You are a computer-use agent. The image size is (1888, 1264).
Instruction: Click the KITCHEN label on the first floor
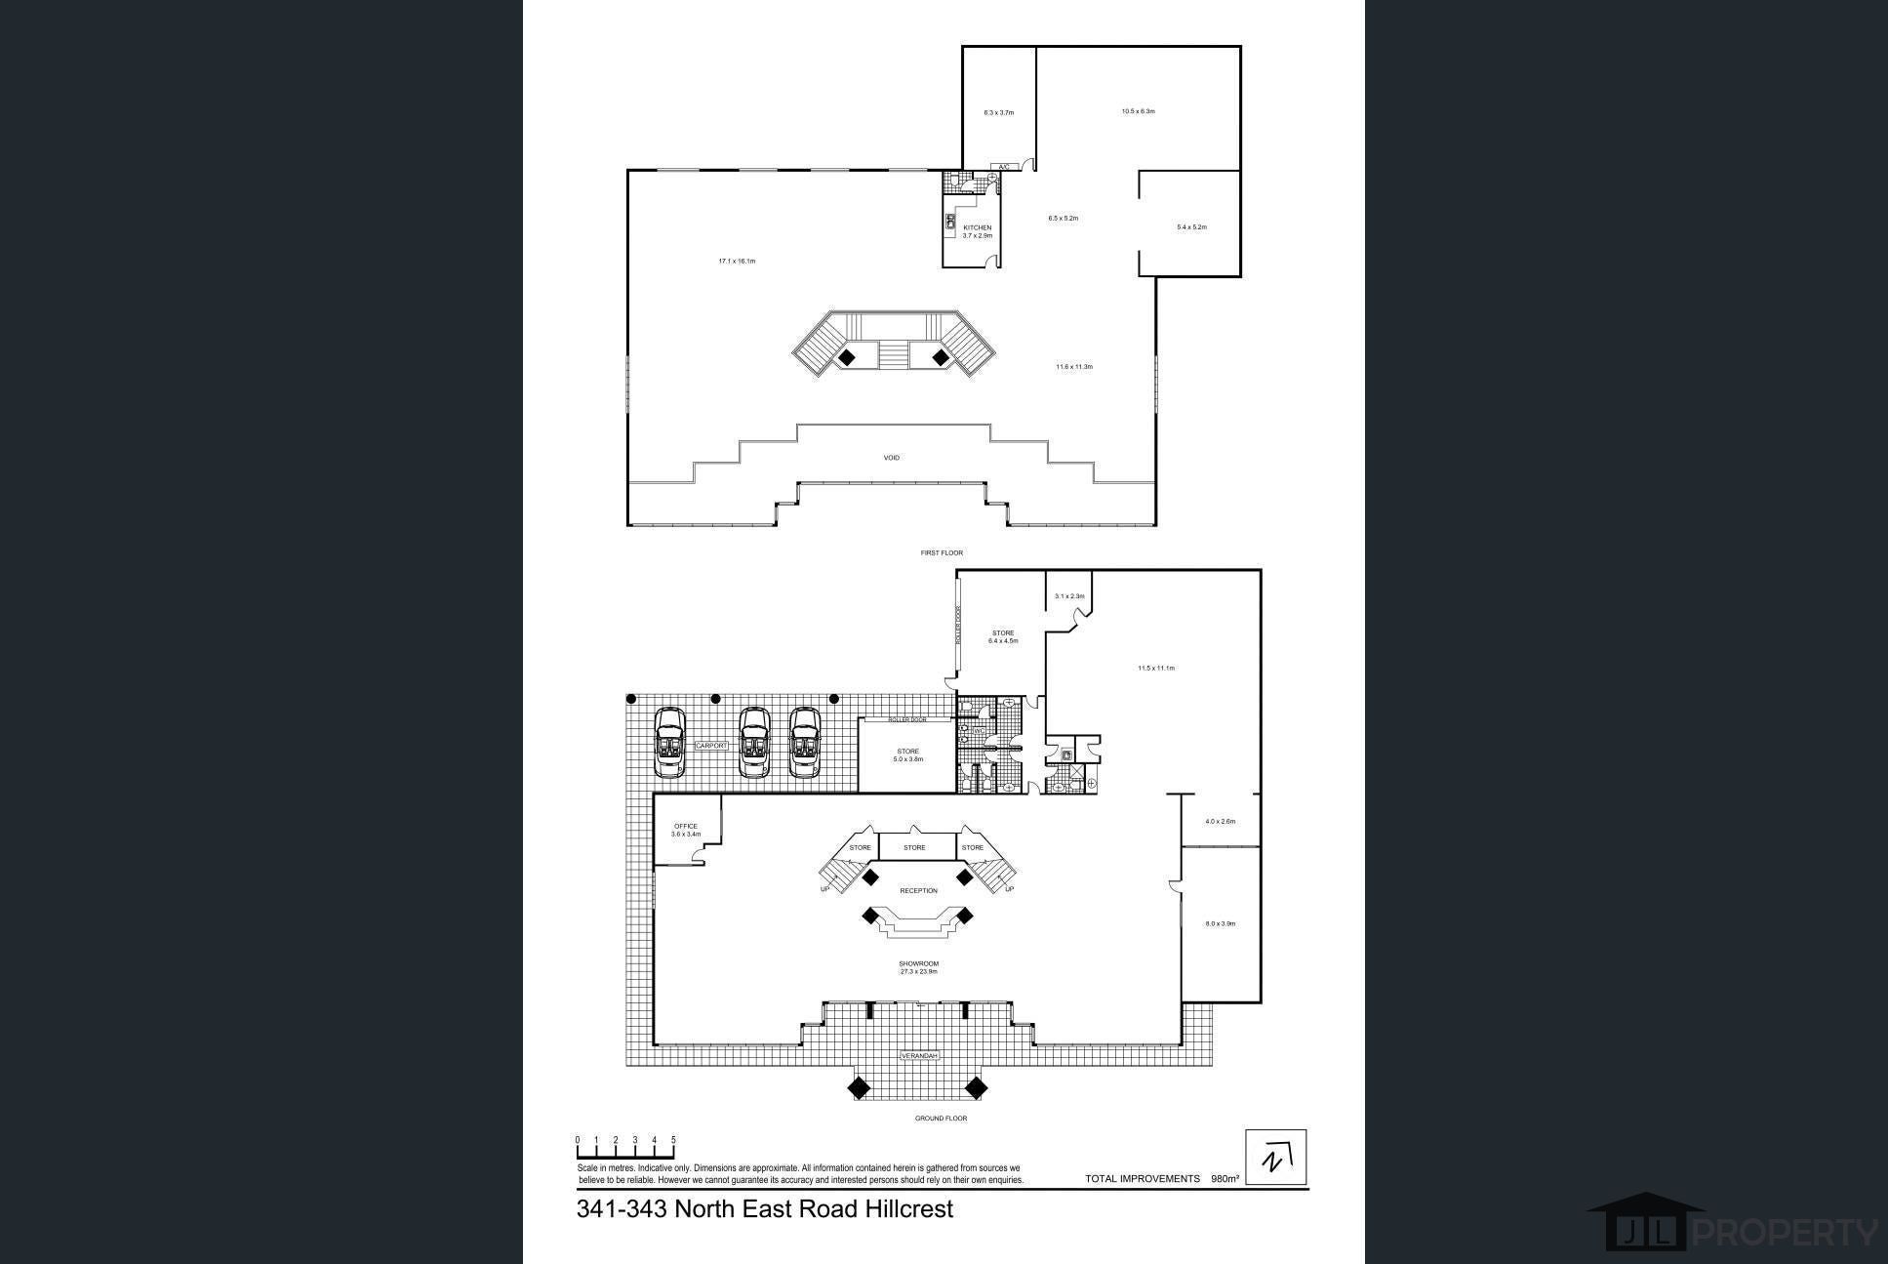[x=977, y=228]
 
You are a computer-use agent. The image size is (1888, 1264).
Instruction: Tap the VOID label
[x=891, y=458]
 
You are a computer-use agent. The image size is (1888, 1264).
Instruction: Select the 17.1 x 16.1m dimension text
[x=737, y=262]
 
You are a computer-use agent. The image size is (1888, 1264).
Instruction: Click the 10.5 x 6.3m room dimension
[x=1138, y=111]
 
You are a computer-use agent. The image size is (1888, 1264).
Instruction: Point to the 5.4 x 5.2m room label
[x=1191, y=227]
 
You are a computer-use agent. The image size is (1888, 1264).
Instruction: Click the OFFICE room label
[x=686, y=827]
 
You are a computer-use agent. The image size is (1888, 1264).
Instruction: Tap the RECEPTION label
[x=918, y=891]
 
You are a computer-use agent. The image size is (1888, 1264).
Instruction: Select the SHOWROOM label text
[x=918, y=963]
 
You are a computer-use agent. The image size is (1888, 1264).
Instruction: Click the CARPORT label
[x=710, y=746]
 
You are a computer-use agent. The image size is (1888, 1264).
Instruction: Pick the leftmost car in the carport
[x=669, y=743]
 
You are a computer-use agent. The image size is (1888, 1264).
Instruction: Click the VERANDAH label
[x=918, y=1056]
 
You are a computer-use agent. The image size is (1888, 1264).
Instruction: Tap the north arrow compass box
[x=1275, y=1158]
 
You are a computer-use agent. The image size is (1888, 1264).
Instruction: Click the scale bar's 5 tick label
[x=673, y=1140]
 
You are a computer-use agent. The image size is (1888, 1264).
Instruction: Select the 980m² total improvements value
[x=1225, y=1179]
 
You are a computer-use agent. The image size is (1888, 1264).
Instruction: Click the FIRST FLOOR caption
[x=942, y=553]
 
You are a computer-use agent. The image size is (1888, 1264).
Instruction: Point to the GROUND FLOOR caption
[x=941, y=1119]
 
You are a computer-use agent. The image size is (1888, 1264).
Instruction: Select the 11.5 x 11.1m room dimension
[x=1155, y=669]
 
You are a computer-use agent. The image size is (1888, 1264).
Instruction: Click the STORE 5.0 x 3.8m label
[x=907, y=755]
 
